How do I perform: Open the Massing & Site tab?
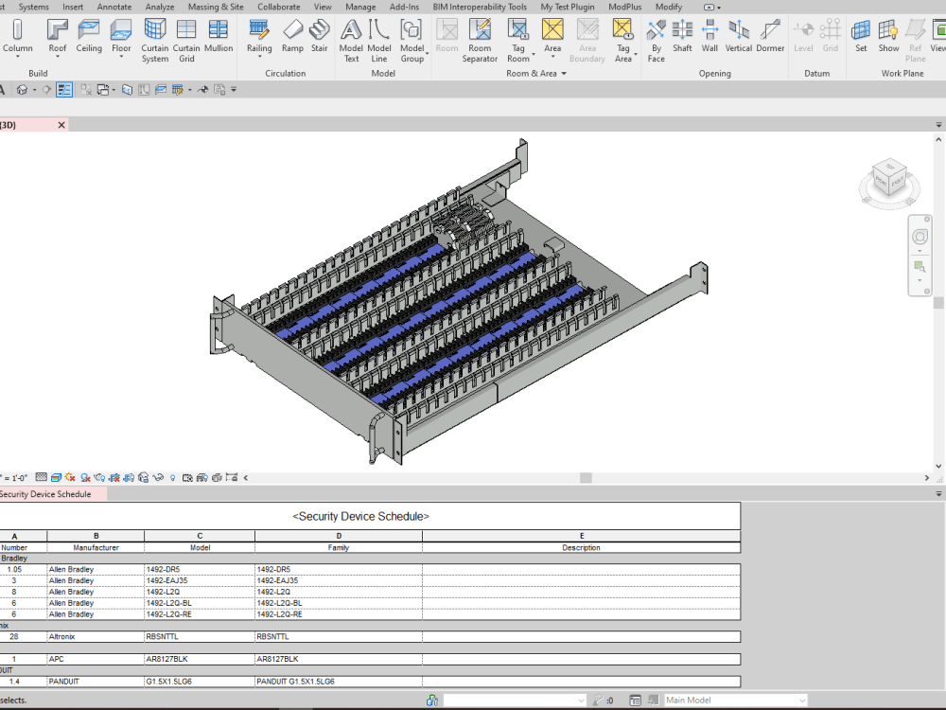[216, 7]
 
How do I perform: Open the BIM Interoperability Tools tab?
[480, 7]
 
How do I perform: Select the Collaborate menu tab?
[278, 7]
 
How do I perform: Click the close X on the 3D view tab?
[61, 125]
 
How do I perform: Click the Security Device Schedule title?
[360, 516]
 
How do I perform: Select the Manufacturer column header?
[96, 547]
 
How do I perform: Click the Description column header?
[581, 547]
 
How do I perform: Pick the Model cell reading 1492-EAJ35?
[200, 580]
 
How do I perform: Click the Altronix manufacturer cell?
[96, 637]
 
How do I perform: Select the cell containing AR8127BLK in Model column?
[200, 659]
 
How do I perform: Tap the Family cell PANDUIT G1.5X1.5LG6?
[338, 682]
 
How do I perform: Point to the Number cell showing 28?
[14, 637]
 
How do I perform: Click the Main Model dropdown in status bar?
[735, 701]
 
